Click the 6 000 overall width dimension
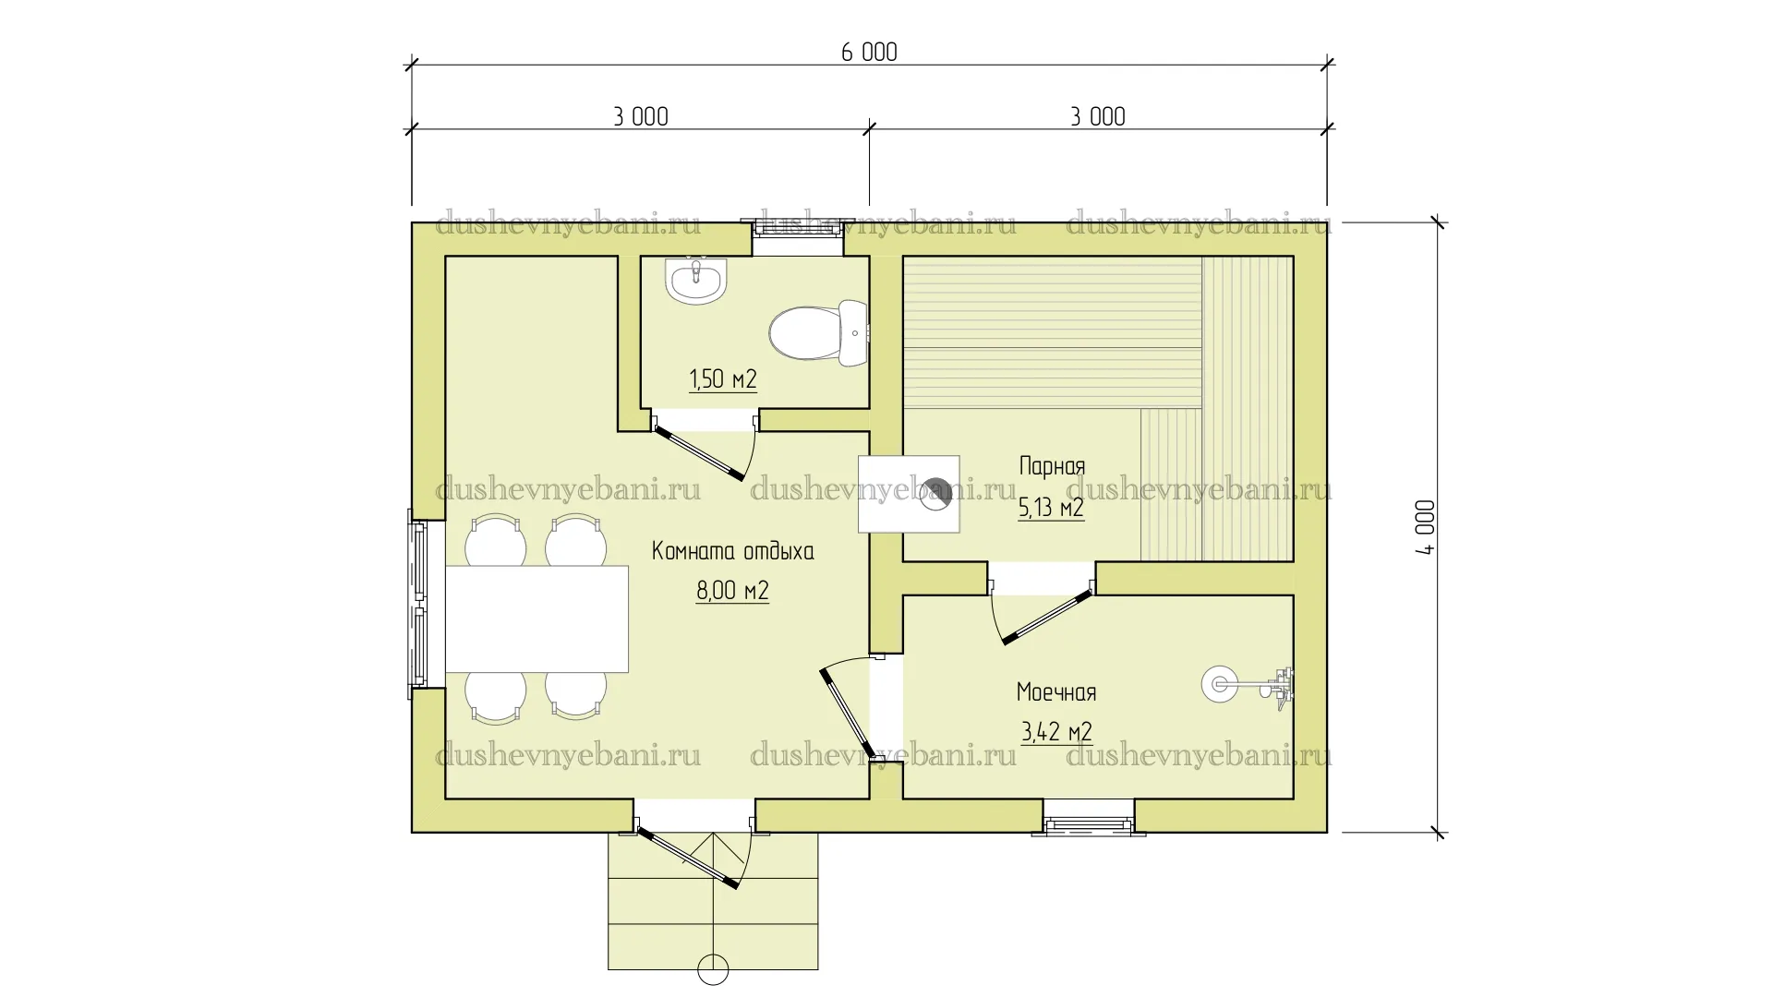(x=869, y=52)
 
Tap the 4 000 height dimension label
(x=1425, y=527)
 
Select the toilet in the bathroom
(x=818, y=332)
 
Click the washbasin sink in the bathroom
(x=697, y=280)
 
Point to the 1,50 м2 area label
(x=723, y=379)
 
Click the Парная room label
(x=1052, y=465)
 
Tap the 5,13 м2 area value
(x=1051, y=508)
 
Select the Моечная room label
(x=1056, y=692)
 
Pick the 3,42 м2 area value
(x=1056, y=732)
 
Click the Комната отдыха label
(x=733, y=551)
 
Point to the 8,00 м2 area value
(x=732, y=591)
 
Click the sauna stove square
(x=909, y=494)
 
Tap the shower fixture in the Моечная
(x=1248, y=684)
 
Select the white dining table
(x=537, y=619)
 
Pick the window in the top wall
(x=798, y=237)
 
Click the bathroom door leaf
(x=699, y=454)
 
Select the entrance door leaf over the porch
(x=688, y=859)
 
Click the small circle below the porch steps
(x=714, y=970)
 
